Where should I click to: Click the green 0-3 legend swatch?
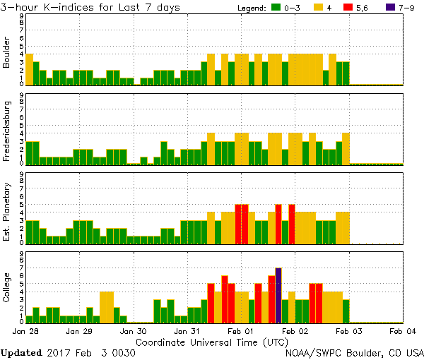276,7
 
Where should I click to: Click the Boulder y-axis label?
7,53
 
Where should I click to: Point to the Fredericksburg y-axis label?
7,132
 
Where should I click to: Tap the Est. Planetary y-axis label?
7,211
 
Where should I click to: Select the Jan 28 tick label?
25,330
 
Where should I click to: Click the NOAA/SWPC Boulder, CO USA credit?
354,352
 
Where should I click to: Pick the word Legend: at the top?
250,7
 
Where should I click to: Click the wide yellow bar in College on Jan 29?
107,306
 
